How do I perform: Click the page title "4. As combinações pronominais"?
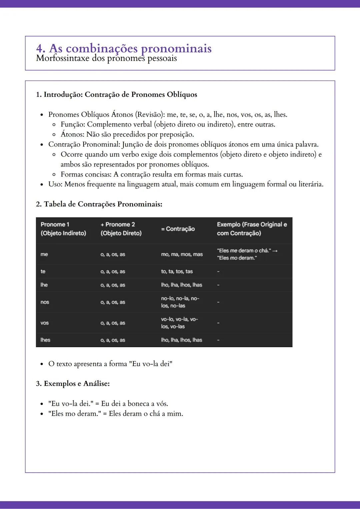tap(124, 48)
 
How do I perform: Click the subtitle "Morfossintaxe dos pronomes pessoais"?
tap(106, 59)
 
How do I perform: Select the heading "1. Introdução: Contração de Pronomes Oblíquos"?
tap(116, 95)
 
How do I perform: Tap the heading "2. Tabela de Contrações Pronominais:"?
tap(99, 204)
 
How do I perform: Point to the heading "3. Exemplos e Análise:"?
tap(73, 384)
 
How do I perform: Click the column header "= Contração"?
tap(178, 229)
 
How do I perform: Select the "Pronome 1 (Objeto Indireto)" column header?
tap(63, 229)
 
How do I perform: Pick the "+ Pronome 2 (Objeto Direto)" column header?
tap(121, 229)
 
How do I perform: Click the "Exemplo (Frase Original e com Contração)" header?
tap(252, 229)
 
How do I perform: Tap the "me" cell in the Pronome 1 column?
tap(44, 254)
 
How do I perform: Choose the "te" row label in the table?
tap(43, 271)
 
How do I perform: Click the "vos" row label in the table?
tap(45, 323)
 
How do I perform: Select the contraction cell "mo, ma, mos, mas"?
tap(182, 254)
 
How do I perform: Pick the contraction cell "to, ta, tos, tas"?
tap(177, 271)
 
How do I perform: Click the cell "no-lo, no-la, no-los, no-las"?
tap(180, 302)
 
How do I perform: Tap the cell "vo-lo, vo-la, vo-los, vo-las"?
tap(179, 323)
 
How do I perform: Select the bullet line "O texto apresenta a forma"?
tap(110, 364)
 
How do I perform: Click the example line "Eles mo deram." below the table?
tap(116, 414)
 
